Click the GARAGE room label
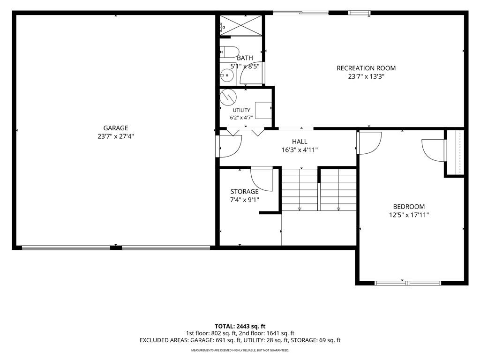point(115,128)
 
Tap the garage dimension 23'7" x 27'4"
point(116,136)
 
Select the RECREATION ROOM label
point(366,68)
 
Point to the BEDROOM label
point(409,207)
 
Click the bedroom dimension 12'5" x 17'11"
point(409,215)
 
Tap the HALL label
point(300,142)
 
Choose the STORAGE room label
point(244,192)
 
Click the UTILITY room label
point(241,110)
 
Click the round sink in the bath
point(227,75)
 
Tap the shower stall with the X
point(241,25)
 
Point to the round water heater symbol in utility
point(228,97)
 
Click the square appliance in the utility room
point(263,110)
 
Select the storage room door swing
point(262,179)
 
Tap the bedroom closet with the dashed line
point(455,153)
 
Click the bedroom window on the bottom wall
point(408,283)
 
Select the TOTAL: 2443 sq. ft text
point(240,326)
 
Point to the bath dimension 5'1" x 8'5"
point(245,66)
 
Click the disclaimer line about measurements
point(240,350)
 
